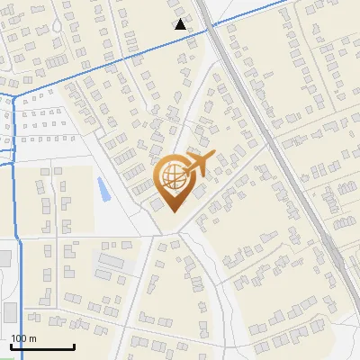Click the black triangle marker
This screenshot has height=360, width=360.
[181, 24]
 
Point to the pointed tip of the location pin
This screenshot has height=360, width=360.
[172, 212]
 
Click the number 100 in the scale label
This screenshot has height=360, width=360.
[19, 338]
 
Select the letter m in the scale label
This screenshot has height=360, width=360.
[32, 338]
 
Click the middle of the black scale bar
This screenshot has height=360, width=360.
[42, 346]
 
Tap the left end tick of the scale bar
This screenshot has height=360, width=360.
[11, 345]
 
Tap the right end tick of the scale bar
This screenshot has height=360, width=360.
[74, 345]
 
